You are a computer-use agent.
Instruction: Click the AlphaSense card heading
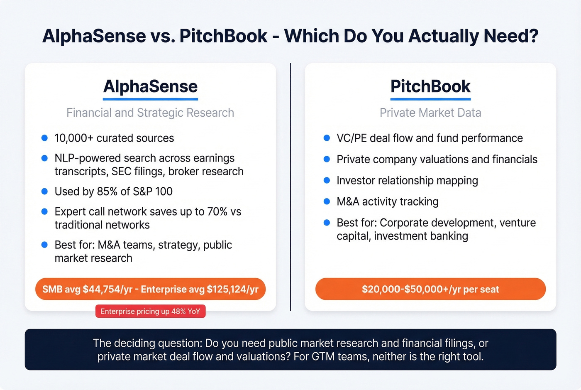click(150, 86)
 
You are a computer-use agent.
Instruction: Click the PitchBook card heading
click(430, 86)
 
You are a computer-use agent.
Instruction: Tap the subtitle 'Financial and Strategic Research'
click(150, 113)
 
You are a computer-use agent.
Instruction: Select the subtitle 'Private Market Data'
click(430, 113)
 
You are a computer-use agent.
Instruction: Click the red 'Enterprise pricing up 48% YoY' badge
click(150, 312)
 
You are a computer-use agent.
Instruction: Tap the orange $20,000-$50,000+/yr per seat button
click(430, 289)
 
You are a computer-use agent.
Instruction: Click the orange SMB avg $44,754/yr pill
click(150, 289)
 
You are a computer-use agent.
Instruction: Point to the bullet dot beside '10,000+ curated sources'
click(44, 138)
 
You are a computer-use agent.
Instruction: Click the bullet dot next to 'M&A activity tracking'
click(327, 201)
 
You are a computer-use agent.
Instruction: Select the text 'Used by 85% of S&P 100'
click(113, 191)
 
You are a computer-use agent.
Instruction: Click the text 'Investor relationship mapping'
click(407, 180)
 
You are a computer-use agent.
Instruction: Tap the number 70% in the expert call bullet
click(217, 211)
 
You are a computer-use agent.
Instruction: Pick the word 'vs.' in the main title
click(163, 36)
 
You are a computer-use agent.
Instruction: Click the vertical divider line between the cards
click(290, 187)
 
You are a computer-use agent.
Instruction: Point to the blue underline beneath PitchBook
click(430, 99)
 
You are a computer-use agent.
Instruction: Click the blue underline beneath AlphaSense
click(150, 99)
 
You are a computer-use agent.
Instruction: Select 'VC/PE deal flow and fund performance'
click(430, 138)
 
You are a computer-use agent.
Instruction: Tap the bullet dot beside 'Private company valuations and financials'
click(327, 159)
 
